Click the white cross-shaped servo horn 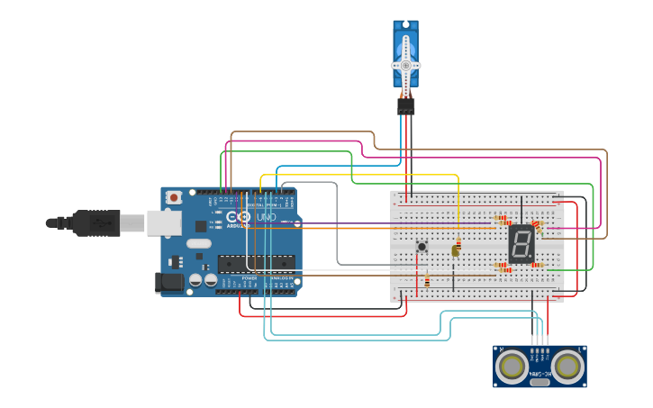pos(405,66)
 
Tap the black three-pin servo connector pos(406,106)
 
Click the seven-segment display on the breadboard pos(522,243)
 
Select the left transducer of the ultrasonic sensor pos(512,366)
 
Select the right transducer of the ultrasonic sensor pos(567,366)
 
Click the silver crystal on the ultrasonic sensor pos(540,382)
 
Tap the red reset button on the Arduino pos(174,196)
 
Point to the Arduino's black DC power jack pos(169,283)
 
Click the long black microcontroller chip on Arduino pos(256,263)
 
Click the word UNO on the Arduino pos(267,217)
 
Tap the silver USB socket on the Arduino pos(164,222)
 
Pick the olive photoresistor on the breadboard pos(456,251)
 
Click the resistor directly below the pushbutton pos(426,282)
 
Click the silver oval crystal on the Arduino pos(199,242)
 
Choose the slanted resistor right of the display pos(538,225)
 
